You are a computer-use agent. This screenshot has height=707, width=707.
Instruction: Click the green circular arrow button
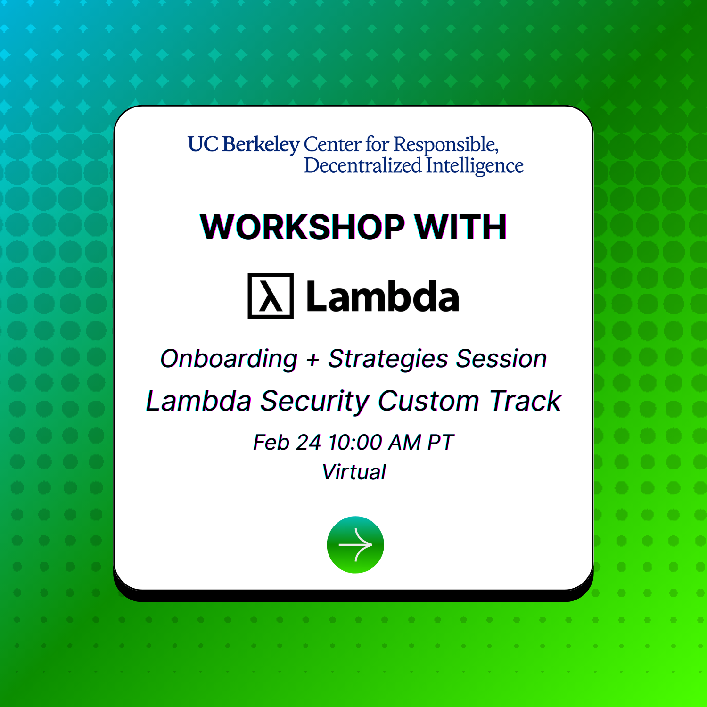click(x=355, y=545)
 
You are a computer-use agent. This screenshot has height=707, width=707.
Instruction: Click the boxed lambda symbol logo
click(x=271, y=296)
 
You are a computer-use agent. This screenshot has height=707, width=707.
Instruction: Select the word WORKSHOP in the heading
click(x=302, y=227)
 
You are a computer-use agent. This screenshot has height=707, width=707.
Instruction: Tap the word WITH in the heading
click(x=460, y=227)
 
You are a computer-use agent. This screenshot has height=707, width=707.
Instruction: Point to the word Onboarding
click(x=229, y=359)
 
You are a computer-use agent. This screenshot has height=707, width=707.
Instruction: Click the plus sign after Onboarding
click(x=313, y=360)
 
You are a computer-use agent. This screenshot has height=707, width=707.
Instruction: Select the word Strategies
click(x=388, y=359)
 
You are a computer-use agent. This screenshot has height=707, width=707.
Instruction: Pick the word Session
click(x=501, y=359)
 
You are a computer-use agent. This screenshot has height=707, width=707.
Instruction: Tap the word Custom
click(x=429, y=401)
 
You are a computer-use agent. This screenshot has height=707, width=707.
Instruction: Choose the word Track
click(x=525, y=401)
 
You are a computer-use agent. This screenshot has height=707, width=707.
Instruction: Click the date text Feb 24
click(x=287, y=443)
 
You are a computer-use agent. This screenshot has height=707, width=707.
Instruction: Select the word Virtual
click(x=354, y=472)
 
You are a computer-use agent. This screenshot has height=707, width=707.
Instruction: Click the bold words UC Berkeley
click(x=244, y=145)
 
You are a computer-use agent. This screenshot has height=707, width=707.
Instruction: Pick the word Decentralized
click(x=363, y=165)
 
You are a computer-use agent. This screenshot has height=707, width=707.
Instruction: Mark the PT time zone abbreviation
click(x=440, y=443)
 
